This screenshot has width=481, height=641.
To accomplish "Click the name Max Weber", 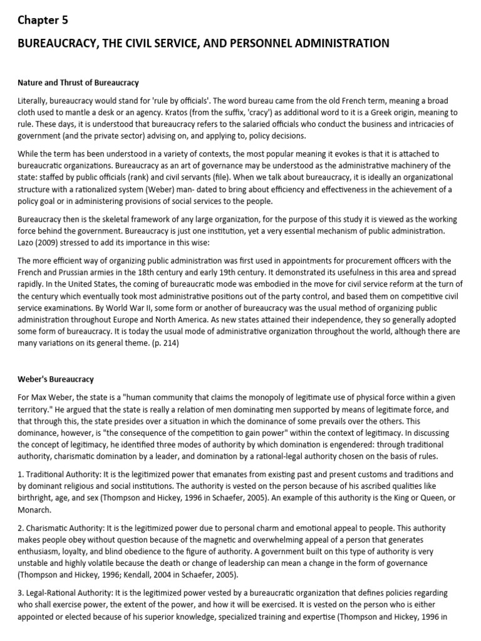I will point(53,398).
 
